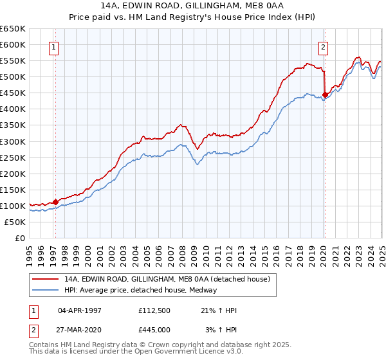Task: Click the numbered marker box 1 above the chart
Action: [x=53, y=46]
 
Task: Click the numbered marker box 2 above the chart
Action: [x=323, y=46]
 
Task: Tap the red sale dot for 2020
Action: [x=325, y=94]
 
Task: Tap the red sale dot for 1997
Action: [x=56, y=202]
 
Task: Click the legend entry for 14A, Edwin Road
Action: [x=170, y=279]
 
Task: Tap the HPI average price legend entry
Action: [x=140, y=290]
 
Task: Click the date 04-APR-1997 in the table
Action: [x=80, y=310]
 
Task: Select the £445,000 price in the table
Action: [x=156, y=330]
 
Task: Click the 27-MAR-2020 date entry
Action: [x=80, y=330]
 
